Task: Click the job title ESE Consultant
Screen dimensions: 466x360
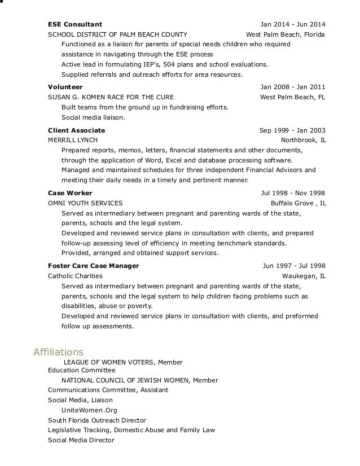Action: (75, 24)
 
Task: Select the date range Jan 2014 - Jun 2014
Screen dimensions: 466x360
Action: (293, 24)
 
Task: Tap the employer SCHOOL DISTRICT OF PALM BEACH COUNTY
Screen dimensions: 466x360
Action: (117, 34)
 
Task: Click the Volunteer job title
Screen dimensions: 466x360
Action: (65, 87)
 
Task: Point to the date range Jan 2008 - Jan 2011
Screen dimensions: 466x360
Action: (293, 87)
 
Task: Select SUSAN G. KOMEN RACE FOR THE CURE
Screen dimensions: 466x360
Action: (111, 97)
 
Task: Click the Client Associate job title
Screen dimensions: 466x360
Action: (77, 130)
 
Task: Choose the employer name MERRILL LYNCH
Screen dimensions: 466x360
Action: (73, 140)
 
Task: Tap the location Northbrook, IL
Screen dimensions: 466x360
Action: (303, 140)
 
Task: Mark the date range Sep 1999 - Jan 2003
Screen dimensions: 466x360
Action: (292, 130)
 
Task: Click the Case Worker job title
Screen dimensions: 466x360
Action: (70, 193)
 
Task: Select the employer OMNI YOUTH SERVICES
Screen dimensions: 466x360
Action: (85, 203)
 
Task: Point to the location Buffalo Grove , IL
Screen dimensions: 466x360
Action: (298, 203)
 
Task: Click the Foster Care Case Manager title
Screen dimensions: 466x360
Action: (94, 266)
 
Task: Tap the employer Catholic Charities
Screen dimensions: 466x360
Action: (75, 276)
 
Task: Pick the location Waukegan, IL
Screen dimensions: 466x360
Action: (304, 276)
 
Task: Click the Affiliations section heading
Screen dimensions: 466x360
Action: (59, 352)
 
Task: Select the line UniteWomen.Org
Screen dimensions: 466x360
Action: (89, 410)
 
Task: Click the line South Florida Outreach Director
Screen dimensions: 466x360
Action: (97, 420)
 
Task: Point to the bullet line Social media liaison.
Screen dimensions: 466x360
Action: (93, 118)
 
